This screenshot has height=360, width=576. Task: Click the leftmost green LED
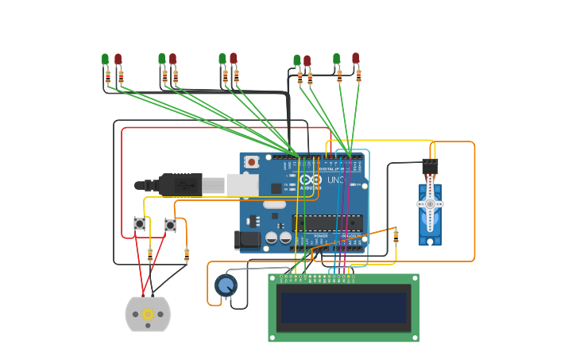pyautogui.click(x=105, y=60)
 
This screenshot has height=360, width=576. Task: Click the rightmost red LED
pyautogui.click(x=355, y=58)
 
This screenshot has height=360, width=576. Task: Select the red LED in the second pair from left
pyautogui.click(x=172, y=60)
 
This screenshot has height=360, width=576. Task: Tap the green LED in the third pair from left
pyautogui.click(x=222, y=59)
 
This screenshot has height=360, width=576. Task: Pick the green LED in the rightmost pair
pyautogui.click(x=336, y=59)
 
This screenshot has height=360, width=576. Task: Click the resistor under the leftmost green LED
pyautogui.click(x=108, y=76)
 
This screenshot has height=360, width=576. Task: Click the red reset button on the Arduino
pyautogui.click(x=252, y=162)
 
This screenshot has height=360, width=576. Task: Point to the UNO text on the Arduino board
pyautogui.click(x=336, y=180)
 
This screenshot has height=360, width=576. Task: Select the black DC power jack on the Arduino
pyautogui.click(x=247, y=238)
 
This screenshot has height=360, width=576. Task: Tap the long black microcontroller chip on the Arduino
pyautogui.click(x=327, y=223)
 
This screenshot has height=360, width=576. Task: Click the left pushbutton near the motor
pyautogui.click(x=140, y=224)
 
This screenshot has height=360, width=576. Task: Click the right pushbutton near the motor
pyautogui.click(x=170, y=225)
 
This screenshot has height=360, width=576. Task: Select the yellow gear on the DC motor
pyautogui.click(x=148, y=315)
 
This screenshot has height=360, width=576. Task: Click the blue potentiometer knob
pyautogui.click(x=226, y=285)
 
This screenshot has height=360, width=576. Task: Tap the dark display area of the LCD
pyautogui.click(x=343, y=308)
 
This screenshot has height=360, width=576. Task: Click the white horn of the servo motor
pyautogui.click(x=430, y=204)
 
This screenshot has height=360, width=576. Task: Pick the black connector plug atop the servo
pyautogui.click(x=430, y=167)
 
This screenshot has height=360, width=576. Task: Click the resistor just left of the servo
pyautogui.click(x=396, y=235)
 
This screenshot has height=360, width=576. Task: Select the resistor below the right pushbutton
pyautogui.click(x=187, y=254)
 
